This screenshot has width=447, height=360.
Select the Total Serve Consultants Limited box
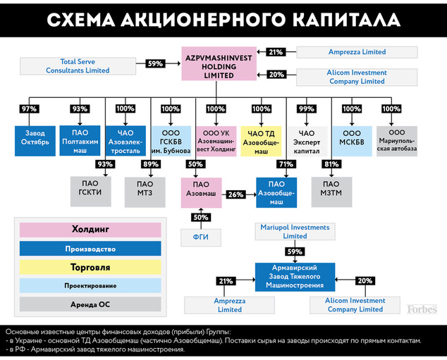pyautogui.click(x=78, y=66)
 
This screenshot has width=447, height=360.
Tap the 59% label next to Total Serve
pyautogui.click(x=154, y=63)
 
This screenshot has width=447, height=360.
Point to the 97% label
pyautogui.click(x=30, y=108)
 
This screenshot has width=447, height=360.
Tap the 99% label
pyautogui.click(x=306, y=108)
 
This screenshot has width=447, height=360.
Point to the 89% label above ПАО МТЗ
pyautogui.click(x=150, y=164)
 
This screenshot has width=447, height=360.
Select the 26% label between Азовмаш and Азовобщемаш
pyautogui.click(x=235, y=194)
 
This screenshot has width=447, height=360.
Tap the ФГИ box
pyautogui.click(x=201, y=237)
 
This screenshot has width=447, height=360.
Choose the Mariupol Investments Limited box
pyautogui.click(x=295, y=232)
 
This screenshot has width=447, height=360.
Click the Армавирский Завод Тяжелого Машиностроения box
pyautogui.click(x=295, y=276)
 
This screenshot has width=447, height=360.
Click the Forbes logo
pyautogui.click(x=422, y=309)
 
